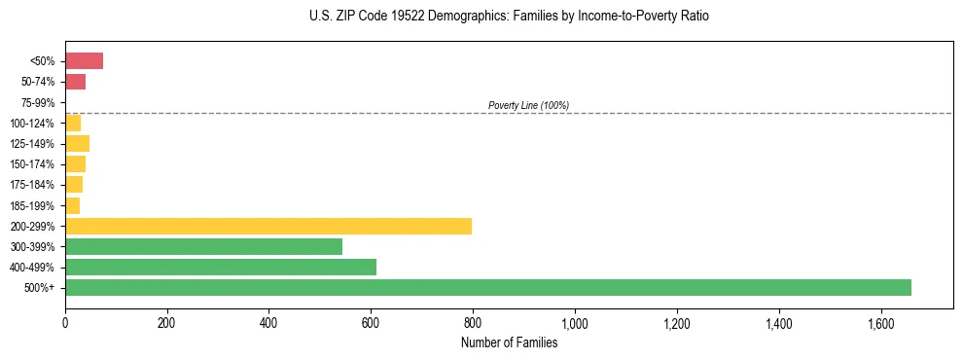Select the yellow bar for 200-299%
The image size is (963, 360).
[x=268, y=226]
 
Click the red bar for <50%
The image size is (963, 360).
[x=84, y=61]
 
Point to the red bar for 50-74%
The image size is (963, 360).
[x=75, y=82]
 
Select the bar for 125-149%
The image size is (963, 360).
[x=77, y=143]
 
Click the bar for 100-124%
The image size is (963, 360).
[x=73, y=123]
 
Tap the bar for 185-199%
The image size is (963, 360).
[x=72, y=205]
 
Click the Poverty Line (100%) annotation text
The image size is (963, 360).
[x=528, y=105]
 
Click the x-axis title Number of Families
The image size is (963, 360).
[x=510, y=342]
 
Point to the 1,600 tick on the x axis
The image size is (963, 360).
[x=880, y=322]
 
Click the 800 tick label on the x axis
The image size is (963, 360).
[x=473, y=322]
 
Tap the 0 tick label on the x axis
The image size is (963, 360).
[x=65, y=322]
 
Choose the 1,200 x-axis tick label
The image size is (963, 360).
[x=676, y=322]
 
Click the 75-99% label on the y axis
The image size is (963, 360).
[x=38, y=102]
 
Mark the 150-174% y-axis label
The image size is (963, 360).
[x=34, y=164]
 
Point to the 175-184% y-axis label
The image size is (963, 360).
[x=34, y=185]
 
